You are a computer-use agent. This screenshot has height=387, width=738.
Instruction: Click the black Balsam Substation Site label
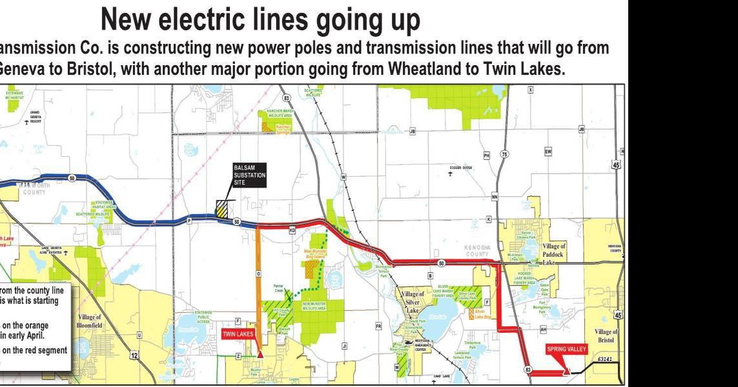point(249,175)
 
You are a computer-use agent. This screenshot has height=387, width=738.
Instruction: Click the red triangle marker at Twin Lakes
point(260,353)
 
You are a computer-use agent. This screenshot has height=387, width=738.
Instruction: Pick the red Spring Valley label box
point(566,349)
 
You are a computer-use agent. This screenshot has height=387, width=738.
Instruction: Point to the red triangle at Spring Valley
point(566,371)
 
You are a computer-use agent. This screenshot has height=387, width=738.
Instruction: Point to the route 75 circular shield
point(505,154)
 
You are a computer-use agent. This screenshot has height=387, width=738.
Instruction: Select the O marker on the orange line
point(258,274)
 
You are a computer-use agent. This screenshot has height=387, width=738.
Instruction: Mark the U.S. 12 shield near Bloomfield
point(134,355)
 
